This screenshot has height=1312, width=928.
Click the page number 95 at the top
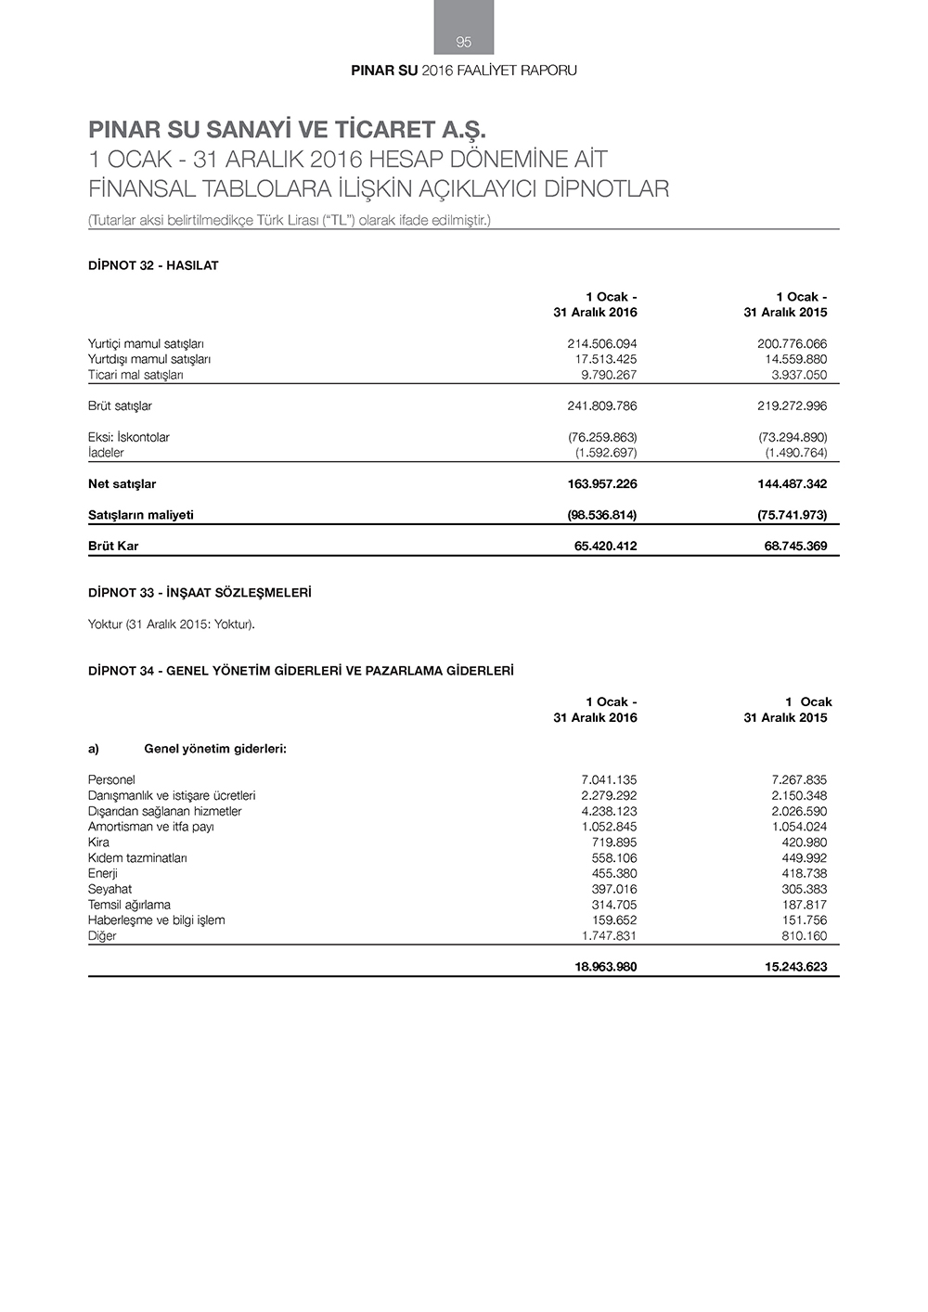pyautogui.click(x=464, y=42)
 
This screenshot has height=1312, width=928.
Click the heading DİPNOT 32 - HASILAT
pyautogui.click(x=153, y=265)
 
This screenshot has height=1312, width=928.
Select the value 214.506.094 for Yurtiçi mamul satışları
pyautogui.click(x=601, y=343)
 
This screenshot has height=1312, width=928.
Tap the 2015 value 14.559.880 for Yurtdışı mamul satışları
pyautogui.click(x=792, y=359)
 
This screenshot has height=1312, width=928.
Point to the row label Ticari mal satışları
pyautogui.click(x=135, y=375)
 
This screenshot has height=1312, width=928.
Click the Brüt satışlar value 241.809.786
pyautogui.click(x=601, y=405)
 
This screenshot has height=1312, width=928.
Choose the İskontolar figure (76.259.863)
pyautogui.click(x=601, y=437)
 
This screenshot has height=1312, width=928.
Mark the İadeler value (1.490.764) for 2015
pyautogui.click(x=795, y=453)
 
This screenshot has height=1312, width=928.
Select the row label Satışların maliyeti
pyautogui.click(x=141, y=515)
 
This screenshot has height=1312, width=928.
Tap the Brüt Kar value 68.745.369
pyautogui.click(x=795, y=546)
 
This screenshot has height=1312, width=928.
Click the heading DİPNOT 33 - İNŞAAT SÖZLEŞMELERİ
pyautogui.click(x=200, y=592)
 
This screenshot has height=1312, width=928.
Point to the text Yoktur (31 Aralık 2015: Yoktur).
pyautogui.click(x=172, y=624)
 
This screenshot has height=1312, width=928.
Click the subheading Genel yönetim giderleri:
pyautogui.click(x=215, y=749)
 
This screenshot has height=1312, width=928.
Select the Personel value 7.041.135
pyautogui.click(x=609, y=779)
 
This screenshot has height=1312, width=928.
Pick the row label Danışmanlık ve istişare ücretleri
pyautogui.click(x=172, y=795)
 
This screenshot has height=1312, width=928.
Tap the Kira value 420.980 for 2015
pyautogui.click(x=804, y=843)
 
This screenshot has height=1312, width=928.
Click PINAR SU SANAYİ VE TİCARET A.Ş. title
pyautogui.click(x=287, y=129)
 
